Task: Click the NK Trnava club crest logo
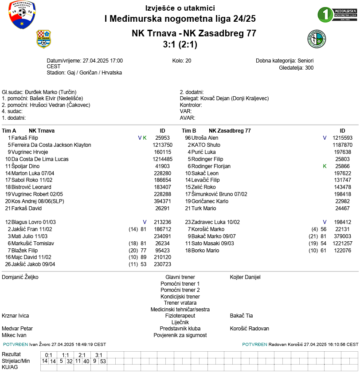click(x=43, y=39)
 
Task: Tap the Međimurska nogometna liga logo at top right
click(x=337, y=15)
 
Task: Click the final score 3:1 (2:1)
click(x=180, y=44)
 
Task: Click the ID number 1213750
click(x=162, y=145)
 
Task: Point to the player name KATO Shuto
click(x=206, y=145)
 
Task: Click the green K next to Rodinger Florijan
click(x=325, y=166)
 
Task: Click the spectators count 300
click(x=309, y=68)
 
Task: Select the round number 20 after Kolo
click(x=188, y=61)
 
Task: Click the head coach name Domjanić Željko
click(x=20, y=277)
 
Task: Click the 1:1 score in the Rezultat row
click(x=65, y=355)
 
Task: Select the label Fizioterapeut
click(x=180, y=316)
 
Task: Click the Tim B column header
click(x=189, y=131)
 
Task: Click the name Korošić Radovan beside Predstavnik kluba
click(x=250, y=329)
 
